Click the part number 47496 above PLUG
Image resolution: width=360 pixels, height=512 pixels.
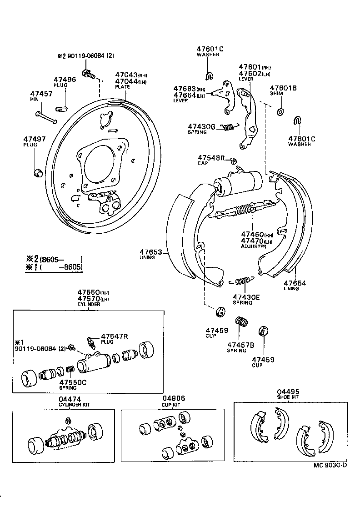tap(65, 79)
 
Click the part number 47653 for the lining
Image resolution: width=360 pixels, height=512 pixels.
tap(150, 251)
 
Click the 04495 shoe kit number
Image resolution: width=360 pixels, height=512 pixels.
tap(288, 392)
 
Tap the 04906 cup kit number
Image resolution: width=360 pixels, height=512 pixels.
tap(174, 398)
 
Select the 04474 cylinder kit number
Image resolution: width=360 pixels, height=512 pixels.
tap(67, 398)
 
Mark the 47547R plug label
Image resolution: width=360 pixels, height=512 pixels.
tap(114, 336)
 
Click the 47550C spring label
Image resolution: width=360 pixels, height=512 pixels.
tap(73, 382)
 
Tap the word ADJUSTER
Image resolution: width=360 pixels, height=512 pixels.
tap(253, 246)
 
